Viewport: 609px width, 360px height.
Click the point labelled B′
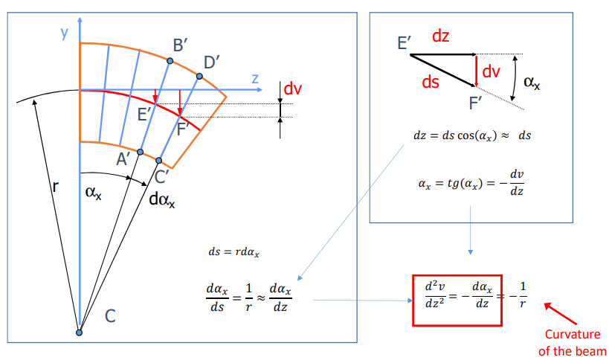[170, 61]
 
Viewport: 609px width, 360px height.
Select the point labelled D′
[199, 76]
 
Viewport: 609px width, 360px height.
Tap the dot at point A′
[140, 152]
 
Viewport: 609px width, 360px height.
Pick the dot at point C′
[161, 159]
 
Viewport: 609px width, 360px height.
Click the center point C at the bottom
[79, 332]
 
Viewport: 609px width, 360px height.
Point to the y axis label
[65, 32]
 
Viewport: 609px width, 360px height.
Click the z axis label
[254, 77]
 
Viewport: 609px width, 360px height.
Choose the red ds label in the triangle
[431, 83]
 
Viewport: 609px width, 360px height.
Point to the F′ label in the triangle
[477, 103]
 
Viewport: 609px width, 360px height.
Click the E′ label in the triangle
[405, 43]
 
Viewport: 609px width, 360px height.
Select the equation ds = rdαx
[234, 251]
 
